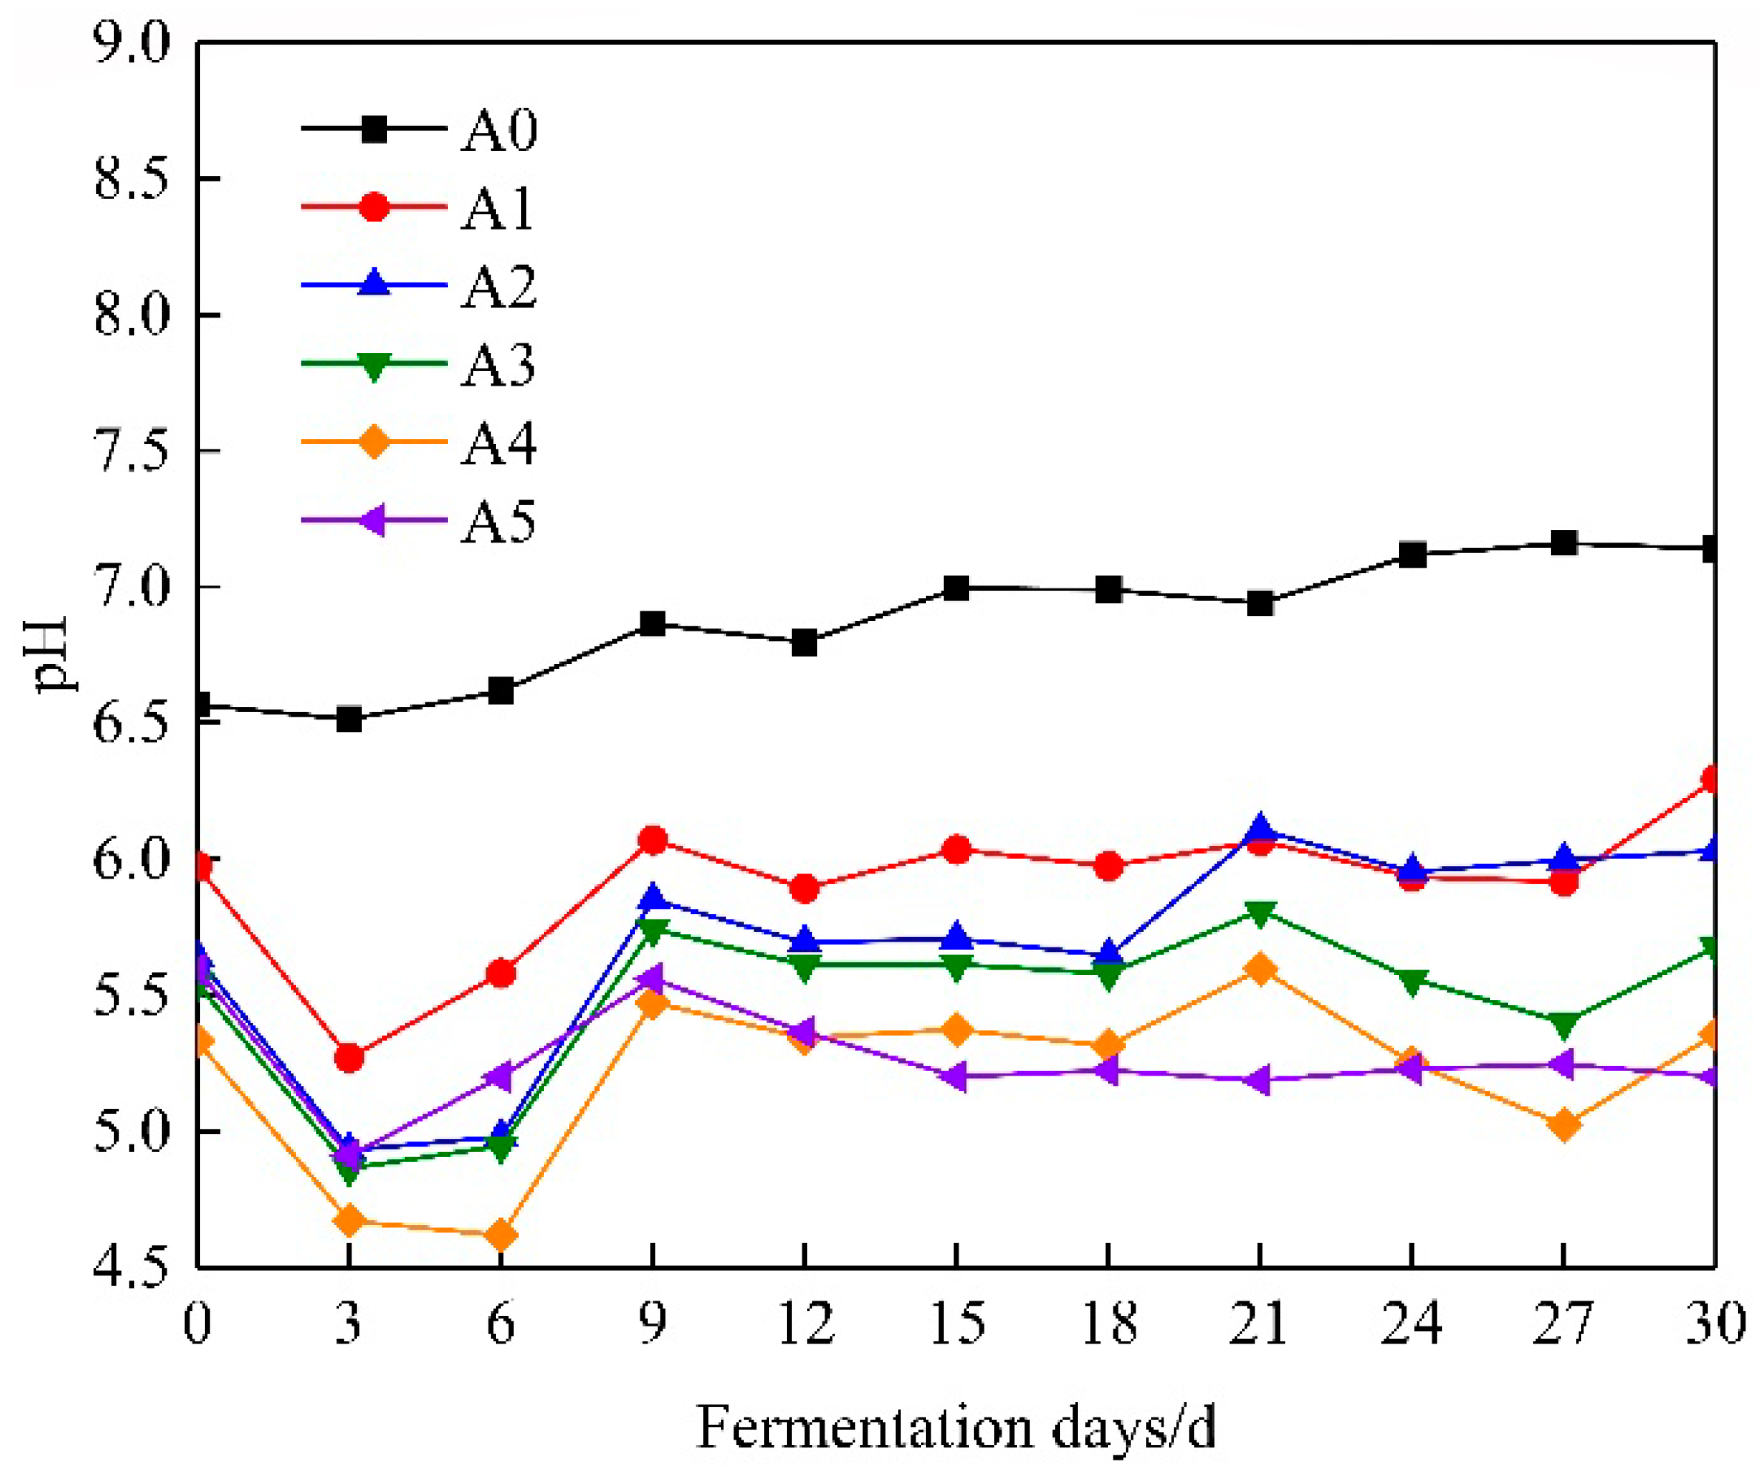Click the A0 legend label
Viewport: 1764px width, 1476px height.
pyautogui.click(x=498, y=131)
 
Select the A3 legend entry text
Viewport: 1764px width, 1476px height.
pyautogui.click(x=498, y=366)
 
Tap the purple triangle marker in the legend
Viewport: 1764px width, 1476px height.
pyautogui.click(x=373, y=520)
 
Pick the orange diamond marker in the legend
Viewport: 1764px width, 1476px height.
pyautogui.click(x=374, y=442)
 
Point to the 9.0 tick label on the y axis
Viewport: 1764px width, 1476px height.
pyautogui.click(x=131, y=43)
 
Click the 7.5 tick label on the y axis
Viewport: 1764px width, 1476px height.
pyautogui.click(x=131, y=451)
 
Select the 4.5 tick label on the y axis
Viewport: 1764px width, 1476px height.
pyautogui.click(x=131, y=1267)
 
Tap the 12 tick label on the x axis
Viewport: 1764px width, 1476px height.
pyautogui.click(x=805, y=1325)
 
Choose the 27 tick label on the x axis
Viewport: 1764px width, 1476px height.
pyautogui.click(x=1563, y=1325)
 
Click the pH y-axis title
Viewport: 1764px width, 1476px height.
pyautogui.click(x=52, y=654)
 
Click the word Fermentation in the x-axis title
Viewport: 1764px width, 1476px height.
pyautogui.click(x=865, y=1427)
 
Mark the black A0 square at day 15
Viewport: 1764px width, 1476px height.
pyautogui.click(x=956, y=588)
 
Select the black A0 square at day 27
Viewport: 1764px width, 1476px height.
pyautogui.click(x=1563, y=543)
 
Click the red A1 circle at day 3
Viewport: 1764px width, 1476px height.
pyautogui.click(x=349, y=1058)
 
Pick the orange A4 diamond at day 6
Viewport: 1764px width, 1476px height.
pyautogui.click(x=500, y=1235)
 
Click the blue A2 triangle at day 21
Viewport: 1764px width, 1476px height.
pyautogui.click(x=1260, y=829)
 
